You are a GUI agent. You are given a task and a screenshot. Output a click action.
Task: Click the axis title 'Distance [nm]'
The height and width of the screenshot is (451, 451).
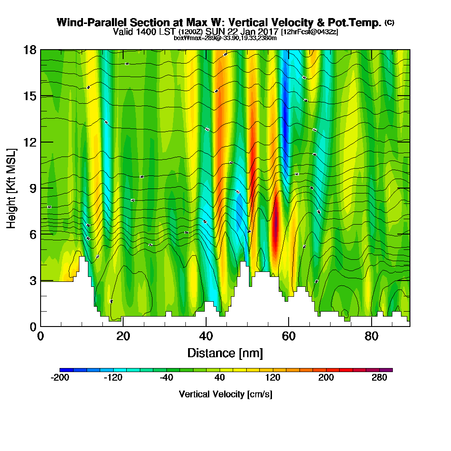point(225,353)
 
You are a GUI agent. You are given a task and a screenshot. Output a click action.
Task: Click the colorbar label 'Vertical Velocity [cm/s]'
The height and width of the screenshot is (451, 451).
point(225,394)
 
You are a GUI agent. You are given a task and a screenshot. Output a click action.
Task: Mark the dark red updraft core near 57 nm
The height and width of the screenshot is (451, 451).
point(276,225)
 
